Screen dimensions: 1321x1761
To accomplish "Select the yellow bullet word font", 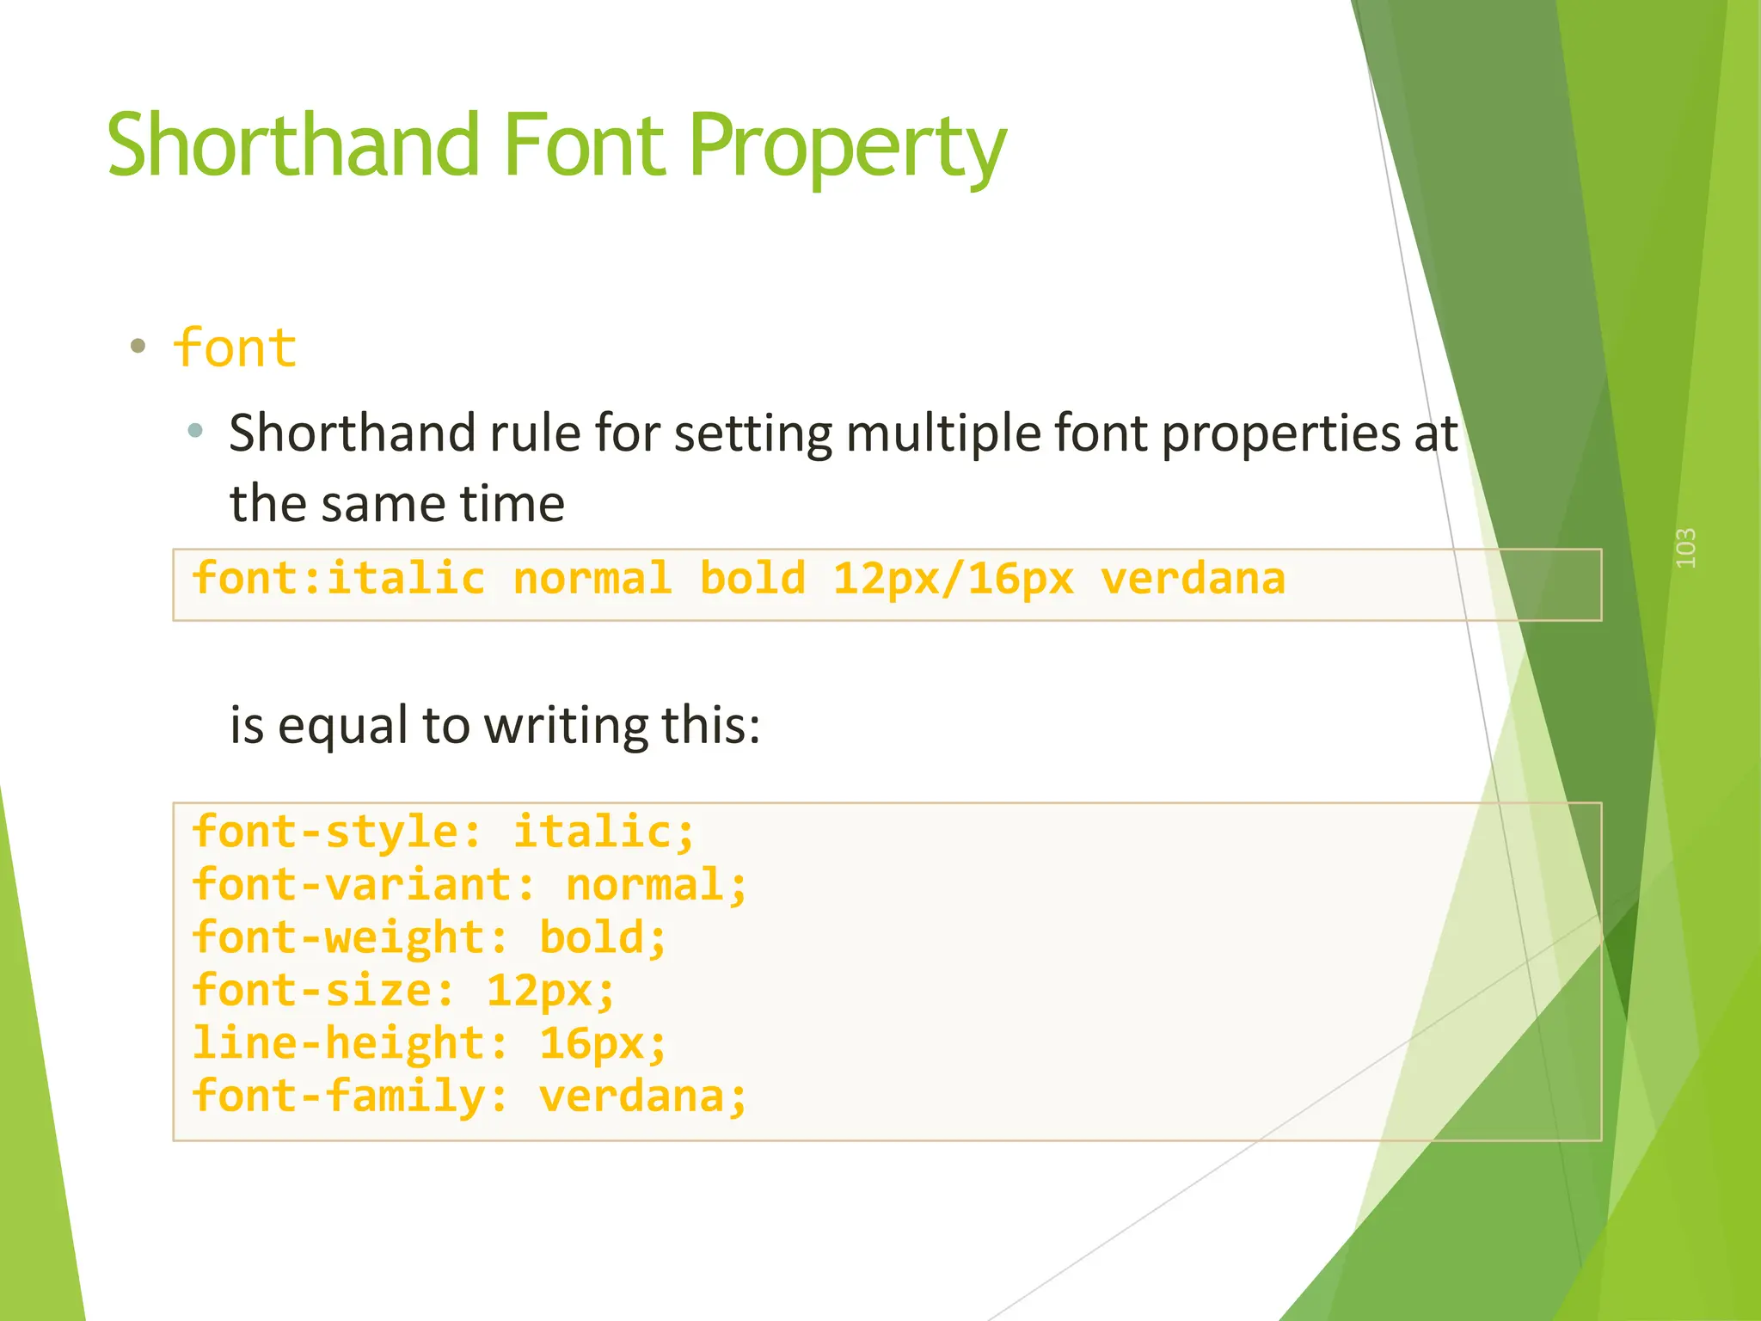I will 235,348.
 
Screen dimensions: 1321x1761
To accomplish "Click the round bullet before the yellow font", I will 138,347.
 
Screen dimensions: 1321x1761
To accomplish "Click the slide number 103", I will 1686,548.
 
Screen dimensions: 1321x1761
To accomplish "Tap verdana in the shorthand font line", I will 1193,578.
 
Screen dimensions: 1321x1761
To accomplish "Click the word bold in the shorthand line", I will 752,578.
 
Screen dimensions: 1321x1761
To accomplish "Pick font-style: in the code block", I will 336,832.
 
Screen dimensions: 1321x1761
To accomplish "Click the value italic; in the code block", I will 604,832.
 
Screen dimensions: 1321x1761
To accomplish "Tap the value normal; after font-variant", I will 656,885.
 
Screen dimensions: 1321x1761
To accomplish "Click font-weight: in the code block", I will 349,937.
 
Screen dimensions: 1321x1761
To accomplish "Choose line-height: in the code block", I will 349,1043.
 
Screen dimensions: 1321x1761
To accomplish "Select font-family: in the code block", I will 349,1097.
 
